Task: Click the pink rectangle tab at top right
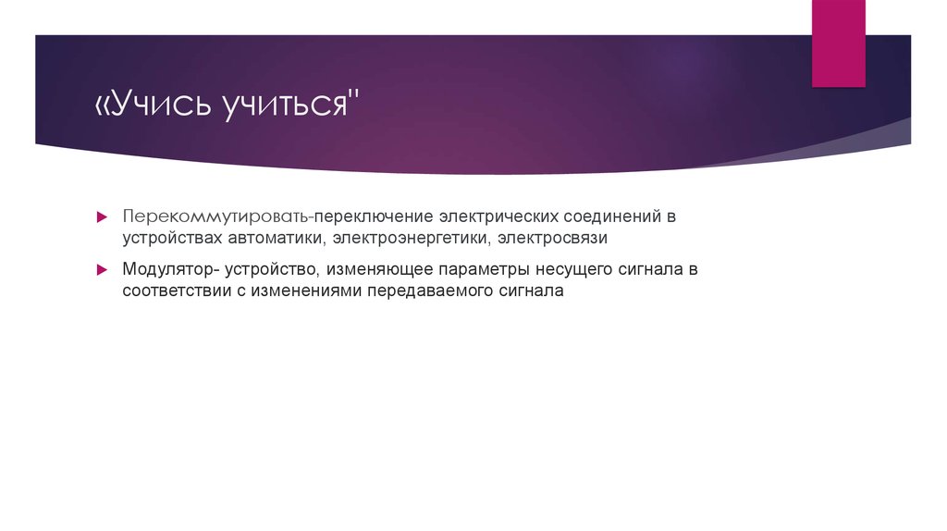(838, 43)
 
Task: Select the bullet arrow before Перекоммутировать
(103, 217)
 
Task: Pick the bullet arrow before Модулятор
(103, 269)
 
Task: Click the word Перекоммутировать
(215, 217)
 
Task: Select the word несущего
(570, 269)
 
